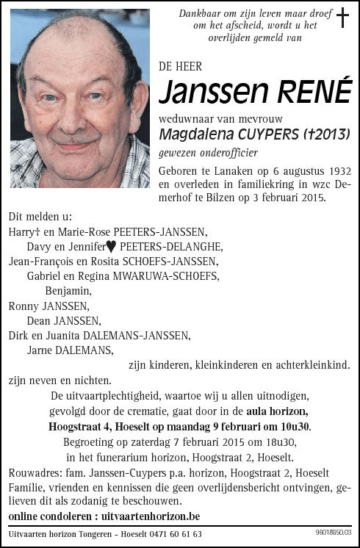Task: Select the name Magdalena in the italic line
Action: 195,134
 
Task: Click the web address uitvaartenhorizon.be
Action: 151,516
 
